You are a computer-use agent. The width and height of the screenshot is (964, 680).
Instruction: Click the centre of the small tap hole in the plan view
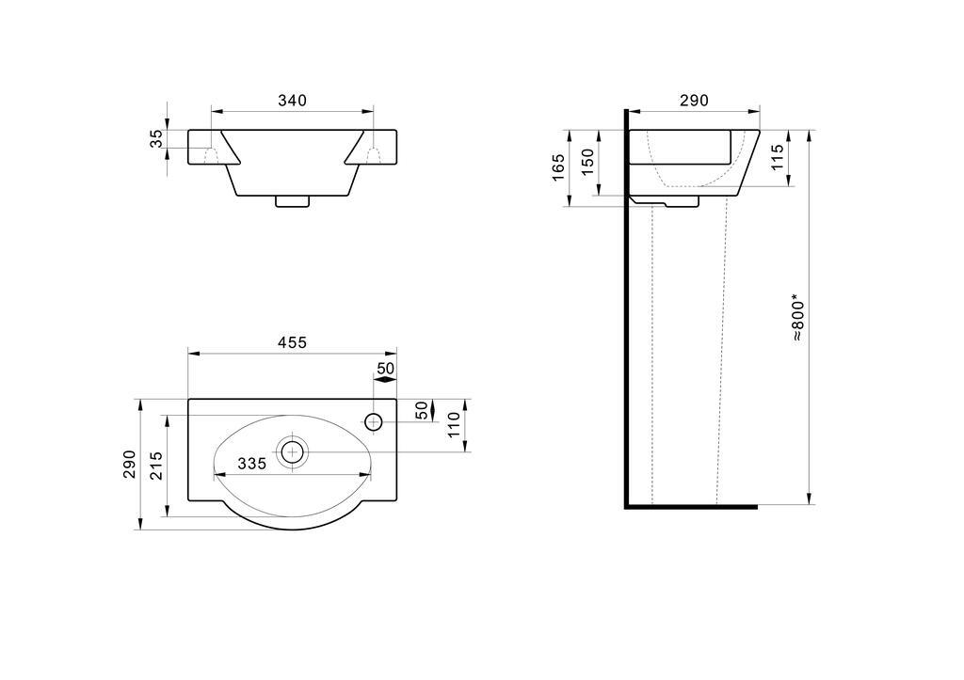point(373,422)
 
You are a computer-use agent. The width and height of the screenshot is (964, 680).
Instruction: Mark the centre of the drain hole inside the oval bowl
point(293,452)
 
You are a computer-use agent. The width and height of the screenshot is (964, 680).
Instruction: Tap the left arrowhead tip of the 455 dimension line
point(188,354)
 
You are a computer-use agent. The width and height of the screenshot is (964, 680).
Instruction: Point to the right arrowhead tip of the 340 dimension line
point(373,111)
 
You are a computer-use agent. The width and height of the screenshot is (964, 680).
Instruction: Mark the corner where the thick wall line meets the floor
point(626,507)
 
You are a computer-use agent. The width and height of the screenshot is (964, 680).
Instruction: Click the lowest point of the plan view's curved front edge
point(293,530)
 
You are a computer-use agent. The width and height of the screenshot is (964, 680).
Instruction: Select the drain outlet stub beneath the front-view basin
point(292,201)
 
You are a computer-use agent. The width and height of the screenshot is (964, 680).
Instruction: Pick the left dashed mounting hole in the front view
point(212,155)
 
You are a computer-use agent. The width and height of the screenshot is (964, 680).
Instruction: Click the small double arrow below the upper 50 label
point(385,380)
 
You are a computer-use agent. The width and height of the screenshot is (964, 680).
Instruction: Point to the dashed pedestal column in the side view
point(689,355)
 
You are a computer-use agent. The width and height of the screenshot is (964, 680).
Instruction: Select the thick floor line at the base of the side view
point(692,507)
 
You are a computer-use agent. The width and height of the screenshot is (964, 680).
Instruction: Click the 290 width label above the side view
point(694,100)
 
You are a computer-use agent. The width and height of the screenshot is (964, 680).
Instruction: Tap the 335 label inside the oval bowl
point(252,463)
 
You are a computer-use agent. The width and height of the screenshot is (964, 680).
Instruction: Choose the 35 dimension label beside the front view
point(157,138)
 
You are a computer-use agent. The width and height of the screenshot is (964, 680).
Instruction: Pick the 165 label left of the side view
point(558,167)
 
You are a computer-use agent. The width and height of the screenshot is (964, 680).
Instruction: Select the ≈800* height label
point(798,320)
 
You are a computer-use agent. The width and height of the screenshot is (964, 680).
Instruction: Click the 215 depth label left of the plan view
point(156,466)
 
